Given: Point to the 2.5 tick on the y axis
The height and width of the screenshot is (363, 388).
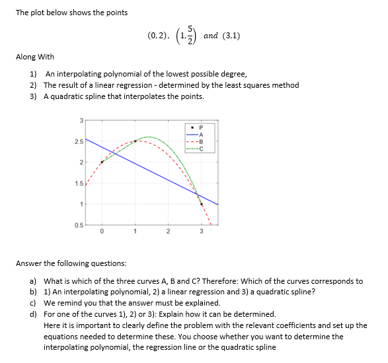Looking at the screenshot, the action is (x=79, y=141).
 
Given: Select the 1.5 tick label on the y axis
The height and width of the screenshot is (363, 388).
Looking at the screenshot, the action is (x=79, y=183).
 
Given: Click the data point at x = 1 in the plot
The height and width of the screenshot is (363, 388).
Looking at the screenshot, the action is (x=136, y=141).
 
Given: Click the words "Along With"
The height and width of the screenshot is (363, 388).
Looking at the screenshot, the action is (x=35, y=57).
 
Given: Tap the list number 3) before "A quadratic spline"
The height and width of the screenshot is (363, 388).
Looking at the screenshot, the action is (x=32, y=96).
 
